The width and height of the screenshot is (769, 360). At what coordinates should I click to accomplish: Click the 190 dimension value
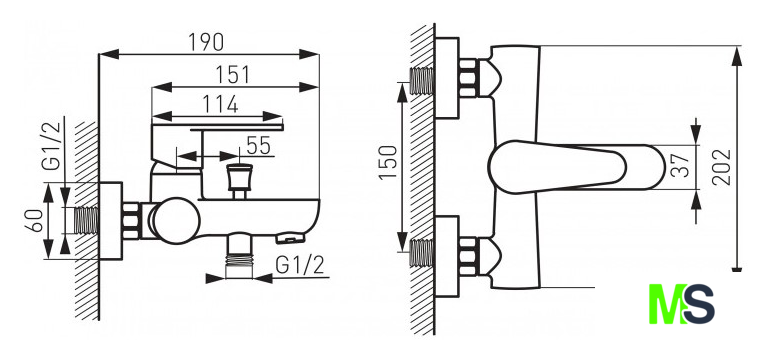click(206, 42)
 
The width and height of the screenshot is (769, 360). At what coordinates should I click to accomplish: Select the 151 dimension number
click(233, 75)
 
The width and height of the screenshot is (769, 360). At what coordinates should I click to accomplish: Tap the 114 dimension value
click(221, 104)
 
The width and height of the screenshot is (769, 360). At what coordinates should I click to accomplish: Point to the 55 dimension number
click(258, 145)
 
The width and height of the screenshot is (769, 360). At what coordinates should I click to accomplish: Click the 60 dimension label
click(34, 220)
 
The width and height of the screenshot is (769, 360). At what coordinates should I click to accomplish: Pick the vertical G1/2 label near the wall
click(51, 146)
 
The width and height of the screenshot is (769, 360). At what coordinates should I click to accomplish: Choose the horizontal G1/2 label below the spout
click(300, 265)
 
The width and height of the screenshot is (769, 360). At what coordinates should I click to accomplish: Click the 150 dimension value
click(388, 163)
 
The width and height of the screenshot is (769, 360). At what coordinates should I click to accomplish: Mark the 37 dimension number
click(681, 165)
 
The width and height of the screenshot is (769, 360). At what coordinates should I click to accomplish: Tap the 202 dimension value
click(721, 167)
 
